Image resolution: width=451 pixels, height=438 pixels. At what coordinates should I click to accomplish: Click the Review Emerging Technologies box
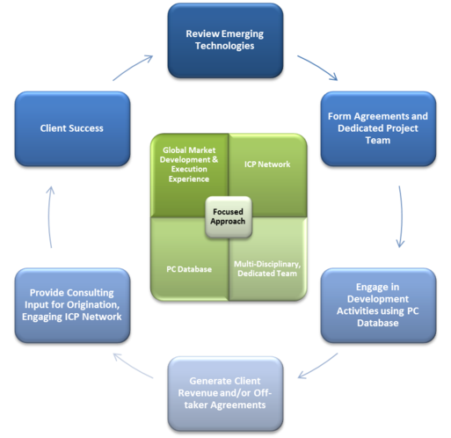225,40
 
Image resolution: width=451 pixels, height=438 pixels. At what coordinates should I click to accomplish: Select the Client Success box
72,128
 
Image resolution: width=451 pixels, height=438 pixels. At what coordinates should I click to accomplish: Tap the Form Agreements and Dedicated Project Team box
378,128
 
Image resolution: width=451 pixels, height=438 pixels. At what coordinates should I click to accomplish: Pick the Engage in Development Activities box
378,305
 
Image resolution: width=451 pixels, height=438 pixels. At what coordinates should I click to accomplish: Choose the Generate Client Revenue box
225,393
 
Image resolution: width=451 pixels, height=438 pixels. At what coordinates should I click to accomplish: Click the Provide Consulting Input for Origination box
72,305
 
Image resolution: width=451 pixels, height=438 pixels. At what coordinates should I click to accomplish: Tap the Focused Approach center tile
229,216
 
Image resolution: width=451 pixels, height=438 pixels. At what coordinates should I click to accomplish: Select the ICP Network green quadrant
267,170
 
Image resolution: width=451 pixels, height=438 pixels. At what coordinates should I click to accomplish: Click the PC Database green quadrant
189,264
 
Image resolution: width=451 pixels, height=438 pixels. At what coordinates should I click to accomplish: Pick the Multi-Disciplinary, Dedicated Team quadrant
267,264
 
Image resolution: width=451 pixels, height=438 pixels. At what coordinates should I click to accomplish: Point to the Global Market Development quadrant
189,170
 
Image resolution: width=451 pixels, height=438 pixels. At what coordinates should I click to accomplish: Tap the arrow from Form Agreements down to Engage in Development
402,216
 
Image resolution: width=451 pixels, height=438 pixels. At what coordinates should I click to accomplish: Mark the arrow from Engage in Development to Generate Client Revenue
318,367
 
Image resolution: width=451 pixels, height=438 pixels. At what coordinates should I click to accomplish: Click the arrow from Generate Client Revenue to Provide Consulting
133,367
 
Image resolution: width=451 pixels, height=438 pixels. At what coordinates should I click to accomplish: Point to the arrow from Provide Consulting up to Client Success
49,216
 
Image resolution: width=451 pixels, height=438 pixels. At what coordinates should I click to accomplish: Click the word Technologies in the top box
225,46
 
